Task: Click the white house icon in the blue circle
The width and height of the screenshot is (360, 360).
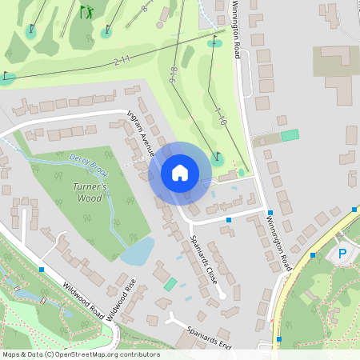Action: click(x=180, y=173)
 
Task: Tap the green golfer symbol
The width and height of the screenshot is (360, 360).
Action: click(x=86, y=12)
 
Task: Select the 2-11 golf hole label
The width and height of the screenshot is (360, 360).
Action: click(x=122, y=60)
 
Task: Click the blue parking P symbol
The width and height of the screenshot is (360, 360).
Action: click(x=342, y=254)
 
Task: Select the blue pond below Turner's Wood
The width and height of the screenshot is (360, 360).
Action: click(x=138, y=251)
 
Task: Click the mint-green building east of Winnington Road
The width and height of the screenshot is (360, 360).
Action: click(x=290, y=135)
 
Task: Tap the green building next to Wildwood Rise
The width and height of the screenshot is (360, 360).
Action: click(x=170, y=284)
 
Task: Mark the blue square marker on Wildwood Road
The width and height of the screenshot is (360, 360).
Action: click(x=42, y=269)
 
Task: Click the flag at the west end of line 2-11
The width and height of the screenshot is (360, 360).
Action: click(x=7, y=78)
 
